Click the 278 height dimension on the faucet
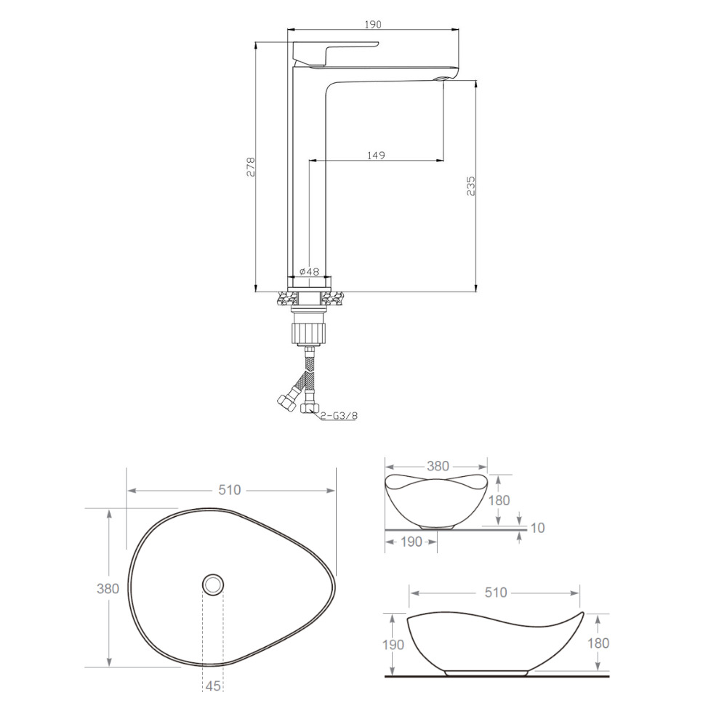coord(250,167)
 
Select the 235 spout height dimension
coord(470,185)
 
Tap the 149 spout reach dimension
coord(376,155)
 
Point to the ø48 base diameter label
coord(309,271)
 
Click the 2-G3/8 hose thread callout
coord(340,415)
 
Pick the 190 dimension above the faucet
coord(373,24)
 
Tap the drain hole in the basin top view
coord(213,585)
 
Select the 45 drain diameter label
coord(213,686)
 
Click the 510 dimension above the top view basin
coord(230,489)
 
